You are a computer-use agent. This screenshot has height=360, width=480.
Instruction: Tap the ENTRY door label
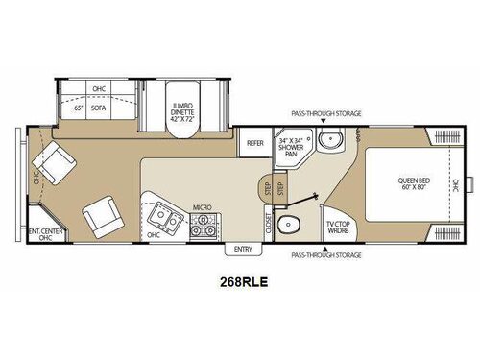[240, 249]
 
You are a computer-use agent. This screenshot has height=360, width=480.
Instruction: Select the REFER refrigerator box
[254, 143]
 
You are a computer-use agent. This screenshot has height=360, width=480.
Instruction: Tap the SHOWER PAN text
[291, 151]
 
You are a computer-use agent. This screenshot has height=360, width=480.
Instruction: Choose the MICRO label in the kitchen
[202, 206]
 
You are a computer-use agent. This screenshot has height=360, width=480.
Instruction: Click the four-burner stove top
[203, 226]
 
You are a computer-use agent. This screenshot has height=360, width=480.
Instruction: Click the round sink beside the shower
[331, 143]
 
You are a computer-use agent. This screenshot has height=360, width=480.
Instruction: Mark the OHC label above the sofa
[99, 89]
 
